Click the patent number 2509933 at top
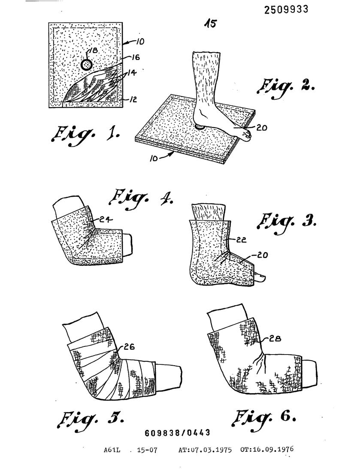[x=286, y=9]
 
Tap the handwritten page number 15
[x=210, y=24]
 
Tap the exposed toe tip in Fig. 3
[x=260, y=279]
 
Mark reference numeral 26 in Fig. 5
[x=130, y=347]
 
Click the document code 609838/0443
[x=178, y=433]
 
